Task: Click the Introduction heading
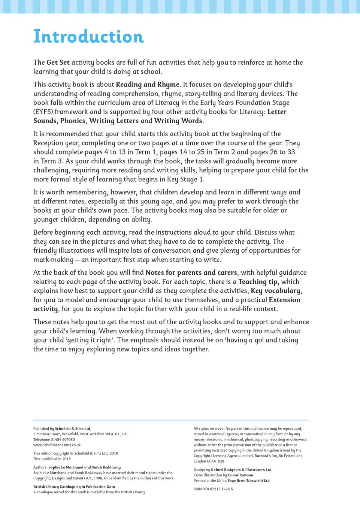tap(88, 37)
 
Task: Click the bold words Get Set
tap(58, 63)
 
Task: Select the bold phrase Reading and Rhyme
tap(148, 85)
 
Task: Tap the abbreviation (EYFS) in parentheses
tap(43, 112)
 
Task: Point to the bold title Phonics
tap(73, 121)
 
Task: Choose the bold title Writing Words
tap(178, 121)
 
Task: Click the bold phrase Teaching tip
tap(258, 282)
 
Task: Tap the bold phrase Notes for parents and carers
tap(191, 273)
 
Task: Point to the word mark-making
tap(53, 260)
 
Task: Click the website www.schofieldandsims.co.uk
tap(57, 445)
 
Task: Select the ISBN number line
tap(213, 489)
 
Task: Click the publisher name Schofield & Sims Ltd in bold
tap(73, 429)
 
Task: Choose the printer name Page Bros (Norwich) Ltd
tap(248, 481)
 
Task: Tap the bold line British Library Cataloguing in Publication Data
tap(74, 487)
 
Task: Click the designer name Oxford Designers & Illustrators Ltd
tap(241, 470)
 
